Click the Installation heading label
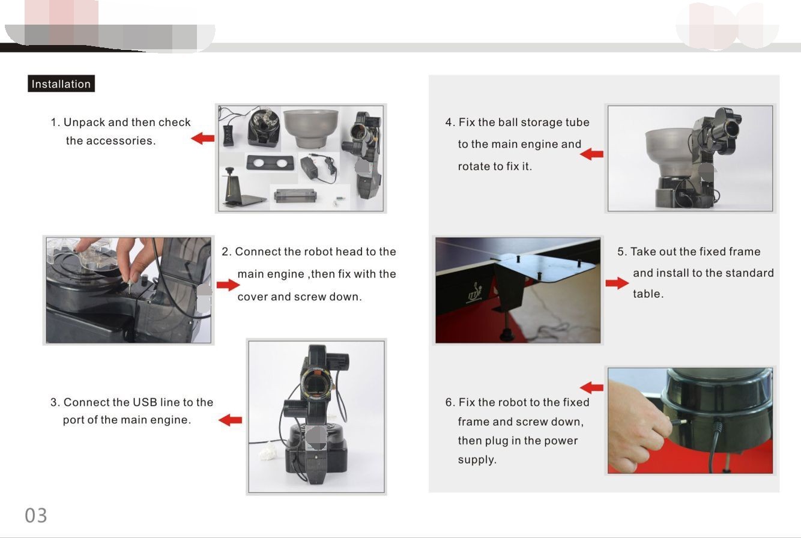[61, 83]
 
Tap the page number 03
[36, 515]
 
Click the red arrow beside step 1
[203, 138]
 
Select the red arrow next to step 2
[228, 285]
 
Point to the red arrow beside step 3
[231, 420]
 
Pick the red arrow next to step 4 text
[591, 154]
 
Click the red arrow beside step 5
[617, 283]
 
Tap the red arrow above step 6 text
[591, 387]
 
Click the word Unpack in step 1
[85, 122]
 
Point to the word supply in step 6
[477, 460]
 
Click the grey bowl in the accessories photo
[311, 128]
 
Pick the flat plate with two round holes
[270, 163]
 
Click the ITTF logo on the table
[475, 292]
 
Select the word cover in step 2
[252, 297]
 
